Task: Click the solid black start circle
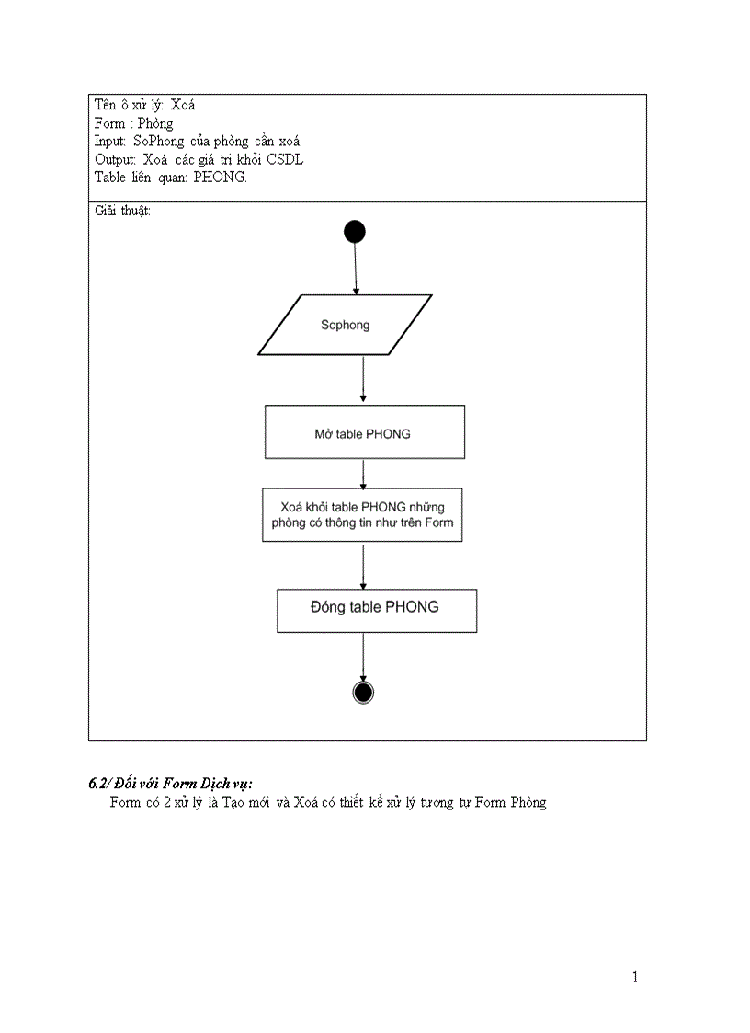pyautogui.click(x=355, y=232)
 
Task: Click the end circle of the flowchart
pyautogui.click(x=363, y=693)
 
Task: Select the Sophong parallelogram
pyautogui.click(x=345, y=325)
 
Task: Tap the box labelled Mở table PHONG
pyautogui.click(x=364, y=432)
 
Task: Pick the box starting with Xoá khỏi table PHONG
pyautogui.click(x=362, y=515)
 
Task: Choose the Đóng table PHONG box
pyautogui.click(x=377, y=611)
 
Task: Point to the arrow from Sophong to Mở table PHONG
pyautogui.click(x=363, y=379)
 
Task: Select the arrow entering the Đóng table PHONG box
pyautogui.click(x=363, y=565)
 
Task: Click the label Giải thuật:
pyautogui.click(x=122, y=211)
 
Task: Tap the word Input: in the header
pyautogui.click(x=110, y=142)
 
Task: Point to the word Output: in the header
pyautogui.click(x=115, y=160)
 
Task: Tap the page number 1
pyautogui.click(x=635, y=977)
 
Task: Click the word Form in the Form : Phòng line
pyautogui.click(x=109, y=123)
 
